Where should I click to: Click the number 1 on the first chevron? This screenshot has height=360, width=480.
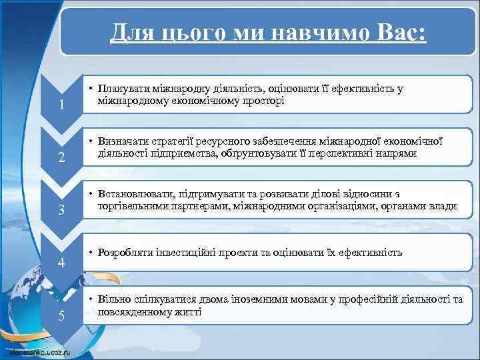tap(61, 105)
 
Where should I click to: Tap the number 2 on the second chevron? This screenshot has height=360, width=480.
tap(61, 158)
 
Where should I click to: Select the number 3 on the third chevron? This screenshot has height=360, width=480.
tap(61, 211)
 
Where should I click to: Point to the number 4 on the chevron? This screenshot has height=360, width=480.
tap(61, 263)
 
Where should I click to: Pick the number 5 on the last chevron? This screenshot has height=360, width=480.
tap(61, 315)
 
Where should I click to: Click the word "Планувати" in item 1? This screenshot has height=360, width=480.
tap(123, 89)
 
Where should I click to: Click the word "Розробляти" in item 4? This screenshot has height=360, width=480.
tap(125, 253)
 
